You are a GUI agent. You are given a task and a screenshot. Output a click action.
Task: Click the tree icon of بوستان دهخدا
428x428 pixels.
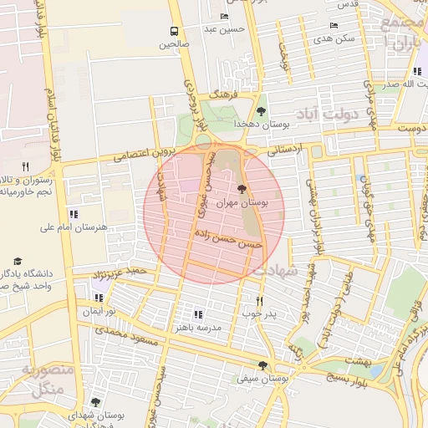coord(262,110)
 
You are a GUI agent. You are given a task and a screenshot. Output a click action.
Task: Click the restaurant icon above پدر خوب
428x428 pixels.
coord(259,301)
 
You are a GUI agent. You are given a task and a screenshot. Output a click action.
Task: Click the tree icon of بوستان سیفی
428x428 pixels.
coord(263,365)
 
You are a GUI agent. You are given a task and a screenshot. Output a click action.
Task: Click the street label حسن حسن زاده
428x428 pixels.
coord(227,237)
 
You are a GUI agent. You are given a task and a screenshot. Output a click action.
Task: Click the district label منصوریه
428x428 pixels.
coord(48,370)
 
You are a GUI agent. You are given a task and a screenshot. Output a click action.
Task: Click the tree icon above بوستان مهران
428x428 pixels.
coord(242,189)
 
